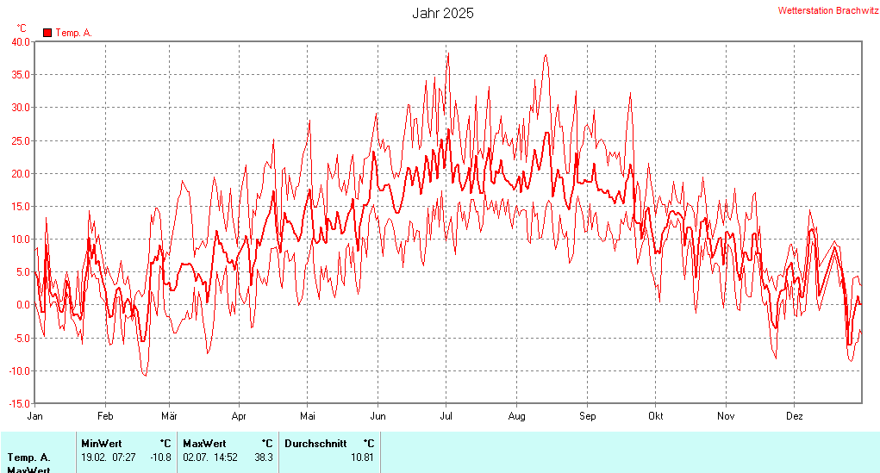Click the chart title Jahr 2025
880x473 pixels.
pos(442,13)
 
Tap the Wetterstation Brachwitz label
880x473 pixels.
pos(828,10)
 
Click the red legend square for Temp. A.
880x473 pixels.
pos(47,33)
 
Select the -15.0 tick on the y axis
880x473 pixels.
pos(19,403)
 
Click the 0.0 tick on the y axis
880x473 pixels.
pos(23,305)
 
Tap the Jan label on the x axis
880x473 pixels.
pos(35,416)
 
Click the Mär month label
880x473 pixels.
pos(169,416)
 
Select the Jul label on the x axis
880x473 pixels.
pos(446,416)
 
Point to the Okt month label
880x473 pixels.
pos(656,416)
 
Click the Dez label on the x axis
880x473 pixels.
pos(795,416)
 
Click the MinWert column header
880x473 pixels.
pos(102,444)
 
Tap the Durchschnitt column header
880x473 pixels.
pos(315,444)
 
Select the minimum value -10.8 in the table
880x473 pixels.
pos(159,457)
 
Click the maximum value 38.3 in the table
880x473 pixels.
pos(263,457)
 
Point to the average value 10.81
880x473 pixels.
pos(362,457)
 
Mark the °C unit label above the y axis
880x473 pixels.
pos(22,28)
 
